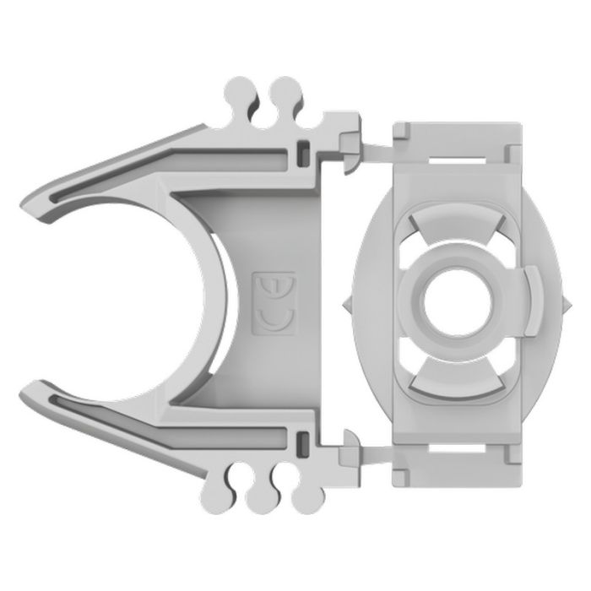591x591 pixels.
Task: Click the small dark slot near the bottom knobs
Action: point(302,440)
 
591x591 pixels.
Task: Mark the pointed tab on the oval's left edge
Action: point(348,302)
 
